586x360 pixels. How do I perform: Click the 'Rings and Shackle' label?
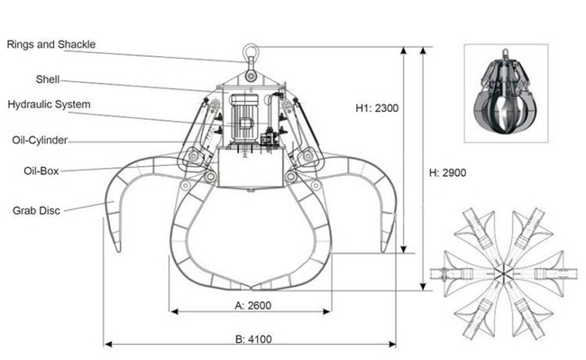click(x=51, y=44)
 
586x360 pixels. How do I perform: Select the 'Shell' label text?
click(x=48, y=79)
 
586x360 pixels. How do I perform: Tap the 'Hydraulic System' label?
click(x=49, y=105)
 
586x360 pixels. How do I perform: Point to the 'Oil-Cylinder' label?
click(x=40, y=140)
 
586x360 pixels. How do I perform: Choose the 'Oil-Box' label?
click(x=41, y=171)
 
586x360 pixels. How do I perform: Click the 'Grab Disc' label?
click(x=36, y=210)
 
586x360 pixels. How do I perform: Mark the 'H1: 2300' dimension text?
click(x=377, y=108)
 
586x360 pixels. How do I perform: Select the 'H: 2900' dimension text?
click(x=448, y=172)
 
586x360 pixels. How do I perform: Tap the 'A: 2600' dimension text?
click(x=253, y=306)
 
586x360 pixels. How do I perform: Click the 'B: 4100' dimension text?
click(x=253, y=339)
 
